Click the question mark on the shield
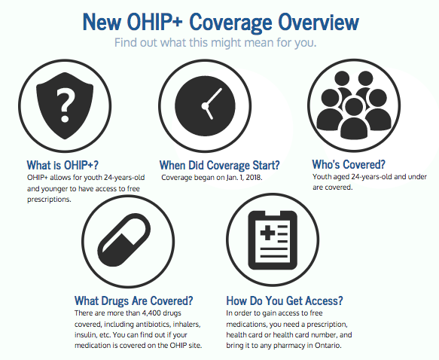pyautogui.click(x=66, y=105)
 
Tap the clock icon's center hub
pyautogui.click(x=206, y=106)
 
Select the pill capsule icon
pyautogui.click(x=124, y=240)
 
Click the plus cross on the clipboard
pyautogui.click(x=267, y=233)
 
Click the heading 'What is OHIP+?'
pyautogui.click(x=62, y=165)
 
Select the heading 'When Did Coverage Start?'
pyautogui.click(x=220, y=165)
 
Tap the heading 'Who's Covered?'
pyautogui.click(x=349, y=164)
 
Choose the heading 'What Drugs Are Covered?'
pyautogui.click(x=134, y=301)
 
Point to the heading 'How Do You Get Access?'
pyautogui.click(x=285, y=301)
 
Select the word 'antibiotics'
pyautogui.click(x=153, y=324)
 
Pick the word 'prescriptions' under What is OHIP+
pyautogui.click(x=48, y=200)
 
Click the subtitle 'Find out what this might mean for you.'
pyautogui.click(x=215, y=43)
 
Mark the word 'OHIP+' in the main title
pyautogui.click(x=155, y=22)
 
